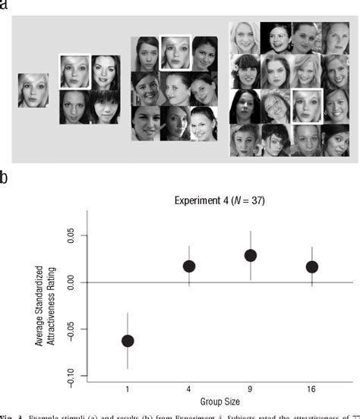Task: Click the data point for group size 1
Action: click(128, 341)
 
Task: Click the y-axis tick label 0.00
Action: click(71, 283)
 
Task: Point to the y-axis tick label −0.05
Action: click(71, 330)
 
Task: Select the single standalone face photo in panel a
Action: click(33, 90)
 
